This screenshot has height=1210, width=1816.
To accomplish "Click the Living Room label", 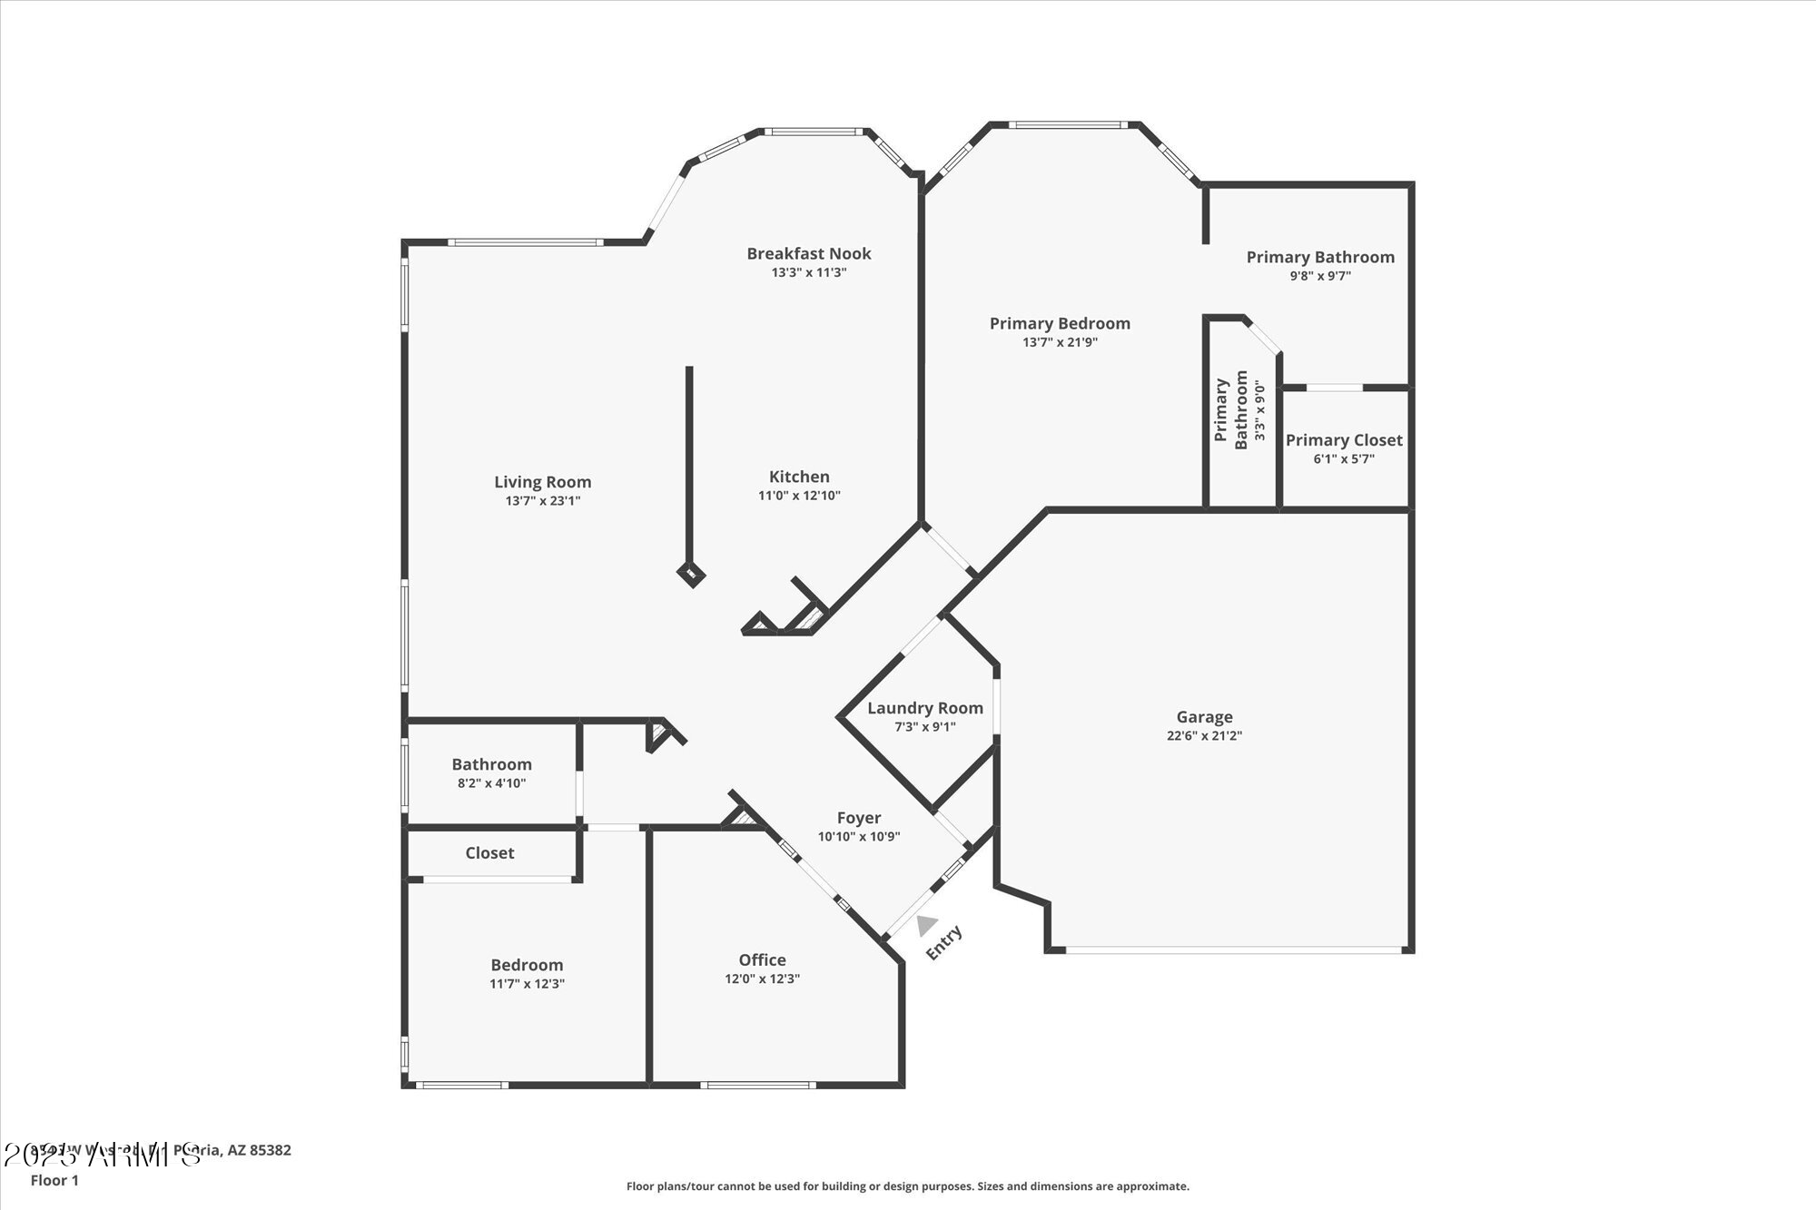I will tap(542, 482).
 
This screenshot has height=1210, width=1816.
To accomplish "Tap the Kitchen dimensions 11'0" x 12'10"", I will tap(799, 496).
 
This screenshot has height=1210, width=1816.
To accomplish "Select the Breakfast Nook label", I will tap(808, 254).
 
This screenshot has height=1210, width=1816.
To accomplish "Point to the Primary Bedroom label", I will tap(1060, 324).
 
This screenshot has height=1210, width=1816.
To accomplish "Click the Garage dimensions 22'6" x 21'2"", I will tap(1204, 736).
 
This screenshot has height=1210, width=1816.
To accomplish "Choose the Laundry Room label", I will tap(924, 708).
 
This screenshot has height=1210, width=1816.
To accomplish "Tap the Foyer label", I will tap(858, 818).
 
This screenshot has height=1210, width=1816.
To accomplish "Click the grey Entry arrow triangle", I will tap(925, 925).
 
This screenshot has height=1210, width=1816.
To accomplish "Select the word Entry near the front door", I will tap(943, 943).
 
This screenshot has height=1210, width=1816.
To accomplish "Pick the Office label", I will tap(762, 960).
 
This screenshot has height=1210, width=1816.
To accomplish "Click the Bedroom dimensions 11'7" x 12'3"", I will tap(527, 984).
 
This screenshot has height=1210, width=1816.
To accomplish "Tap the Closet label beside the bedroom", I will tap(489, 853).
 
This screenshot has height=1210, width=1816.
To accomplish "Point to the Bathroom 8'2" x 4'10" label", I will tap(491, 764).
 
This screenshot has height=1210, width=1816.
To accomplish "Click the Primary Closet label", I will tap(1344, 440).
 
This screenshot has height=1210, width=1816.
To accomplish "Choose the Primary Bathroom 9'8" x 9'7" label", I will tap(1320, 258).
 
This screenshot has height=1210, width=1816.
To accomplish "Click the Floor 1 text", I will tap(54, 1180).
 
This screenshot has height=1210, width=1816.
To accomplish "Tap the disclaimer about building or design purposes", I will tap(907, 1186).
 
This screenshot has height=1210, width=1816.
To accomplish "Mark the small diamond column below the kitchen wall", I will tap(692, 574).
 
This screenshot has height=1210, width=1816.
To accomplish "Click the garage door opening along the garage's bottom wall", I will tap(1232, 950).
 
